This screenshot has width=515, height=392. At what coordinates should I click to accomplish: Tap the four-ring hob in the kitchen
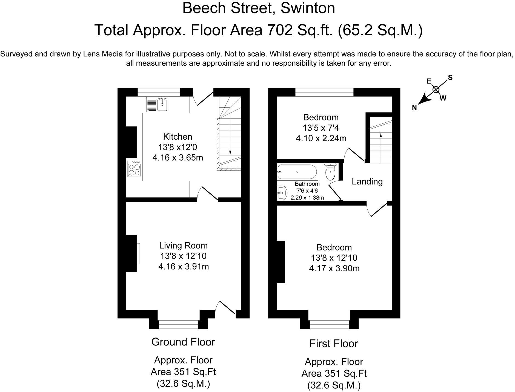134,169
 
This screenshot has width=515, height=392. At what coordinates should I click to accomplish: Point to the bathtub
297,172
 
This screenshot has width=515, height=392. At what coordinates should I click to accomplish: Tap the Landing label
367,181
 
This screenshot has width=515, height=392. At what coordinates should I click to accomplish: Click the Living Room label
184,245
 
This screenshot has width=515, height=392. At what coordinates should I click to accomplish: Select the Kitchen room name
178,136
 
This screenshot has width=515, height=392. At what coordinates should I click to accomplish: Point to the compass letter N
414,108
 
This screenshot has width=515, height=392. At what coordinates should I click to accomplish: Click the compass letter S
450,78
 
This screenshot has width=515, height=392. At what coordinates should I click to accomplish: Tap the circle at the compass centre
436,89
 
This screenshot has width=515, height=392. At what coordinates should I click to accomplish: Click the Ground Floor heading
183,342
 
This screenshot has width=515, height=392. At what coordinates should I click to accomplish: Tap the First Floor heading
334,344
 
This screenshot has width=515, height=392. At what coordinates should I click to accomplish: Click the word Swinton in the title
308,8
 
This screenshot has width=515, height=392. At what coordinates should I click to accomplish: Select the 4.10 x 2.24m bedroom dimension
321,138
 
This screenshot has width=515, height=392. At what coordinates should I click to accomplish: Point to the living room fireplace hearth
138,253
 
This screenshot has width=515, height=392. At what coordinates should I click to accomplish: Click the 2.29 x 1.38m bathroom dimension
307,197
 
